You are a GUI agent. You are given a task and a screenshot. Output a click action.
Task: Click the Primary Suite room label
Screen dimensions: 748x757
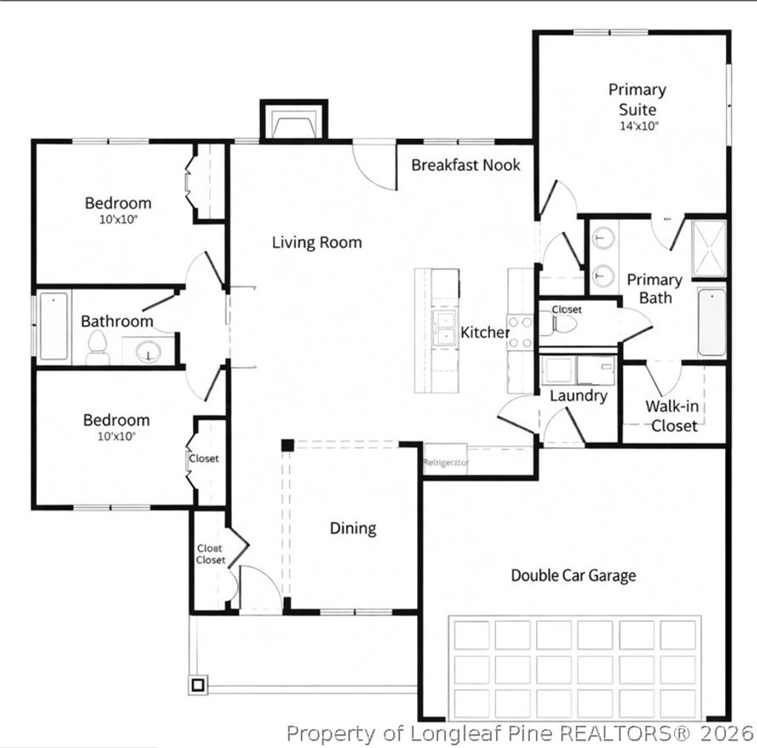[637, 99]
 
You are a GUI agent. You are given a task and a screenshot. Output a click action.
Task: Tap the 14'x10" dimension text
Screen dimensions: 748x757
[638, 126]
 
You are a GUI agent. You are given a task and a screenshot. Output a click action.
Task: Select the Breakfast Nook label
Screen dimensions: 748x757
[466, 165]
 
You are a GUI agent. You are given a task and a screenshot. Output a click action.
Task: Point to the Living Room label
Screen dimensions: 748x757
[317, 242]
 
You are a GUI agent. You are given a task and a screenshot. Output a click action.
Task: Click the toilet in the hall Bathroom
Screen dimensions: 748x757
[98, 348]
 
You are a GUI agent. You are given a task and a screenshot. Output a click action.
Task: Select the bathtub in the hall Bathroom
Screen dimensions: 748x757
[54, 326]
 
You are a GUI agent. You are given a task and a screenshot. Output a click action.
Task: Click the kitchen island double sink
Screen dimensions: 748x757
[446, 328]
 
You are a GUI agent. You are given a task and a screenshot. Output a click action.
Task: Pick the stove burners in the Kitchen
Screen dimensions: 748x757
[520, 332]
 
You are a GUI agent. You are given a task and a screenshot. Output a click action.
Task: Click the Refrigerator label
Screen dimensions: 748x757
[446, 462]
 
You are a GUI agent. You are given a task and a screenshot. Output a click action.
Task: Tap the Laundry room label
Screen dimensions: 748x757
[578, 396]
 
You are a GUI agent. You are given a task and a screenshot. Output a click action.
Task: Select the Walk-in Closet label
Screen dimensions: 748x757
[673, 416]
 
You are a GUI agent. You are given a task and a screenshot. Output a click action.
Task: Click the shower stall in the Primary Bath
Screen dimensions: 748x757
[708, 249]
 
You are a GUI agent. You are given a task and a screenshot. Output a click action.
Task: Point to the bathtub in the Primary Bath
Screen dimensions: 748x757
[712, 322]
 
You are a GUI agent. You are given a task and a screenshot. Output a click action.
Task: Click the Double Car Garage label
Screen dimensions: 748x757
[574, 575]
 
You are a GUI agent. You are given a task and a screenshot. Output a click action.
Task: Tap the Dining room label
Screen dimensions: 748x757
[353, 528]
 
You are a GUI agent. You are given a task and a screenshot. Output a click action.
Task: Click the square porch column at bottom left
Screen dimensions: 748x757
[197, 685]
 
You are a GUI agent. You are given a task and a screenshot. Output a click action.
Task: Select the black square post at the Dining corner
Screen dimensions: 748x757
[287, 445]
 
